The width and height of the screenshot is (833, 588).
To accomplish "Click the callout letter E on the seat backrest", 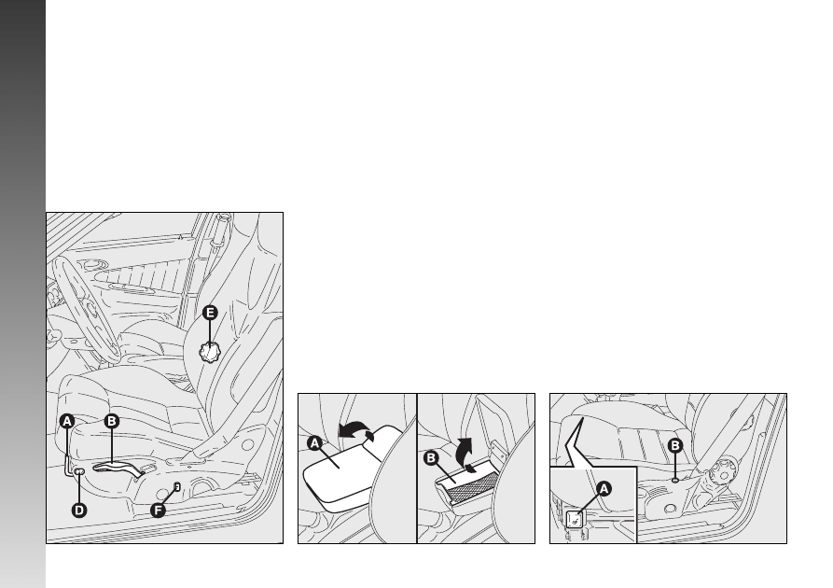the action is [x=210, y=313].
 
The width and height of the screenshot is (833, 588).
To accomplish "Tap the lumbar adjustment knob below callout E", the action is [x=209, y=352].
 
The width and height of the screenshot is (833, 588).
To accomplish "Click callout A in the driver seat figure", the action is [x=66, y=422].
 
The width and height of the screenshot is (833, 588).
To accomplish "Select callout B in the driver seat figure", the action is [x=111, y=421].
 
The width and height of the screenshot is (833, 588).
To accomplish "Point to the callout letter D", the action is [x=78, y=511].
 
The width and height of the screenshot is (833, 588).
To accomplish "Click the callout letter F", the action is [x=158, y=511].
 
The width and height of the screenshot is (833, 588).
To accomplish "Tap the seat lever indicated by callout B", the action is [x=118, y=468].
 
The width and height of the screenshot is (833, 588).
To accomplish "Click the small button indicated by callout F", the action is [x=177, y=486].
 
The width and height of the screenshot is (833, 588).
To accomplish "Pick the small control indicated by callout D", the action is [x=80, y=471].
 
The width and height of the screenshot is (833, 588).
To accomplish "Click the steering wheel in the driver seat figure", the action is [x=85, y=307].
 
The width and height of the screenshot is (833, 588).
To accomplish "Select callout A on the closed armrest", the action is [x=314, y=442].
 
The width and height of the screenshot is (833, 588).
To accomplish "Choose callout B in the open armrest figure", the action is [x=431, y=457].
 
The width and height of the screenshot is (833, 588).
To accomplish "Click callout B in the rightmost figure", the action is [x=674, y=445].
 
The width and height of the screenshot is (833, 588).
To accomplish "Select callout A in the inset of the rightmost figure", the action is [x=604, y=488].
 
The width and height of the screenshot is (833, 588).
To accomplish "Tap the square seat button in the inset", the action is [x=574, y=520].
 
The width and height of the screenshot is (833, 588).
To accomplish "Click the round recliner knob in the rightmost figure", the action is [x=723, y=471].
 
